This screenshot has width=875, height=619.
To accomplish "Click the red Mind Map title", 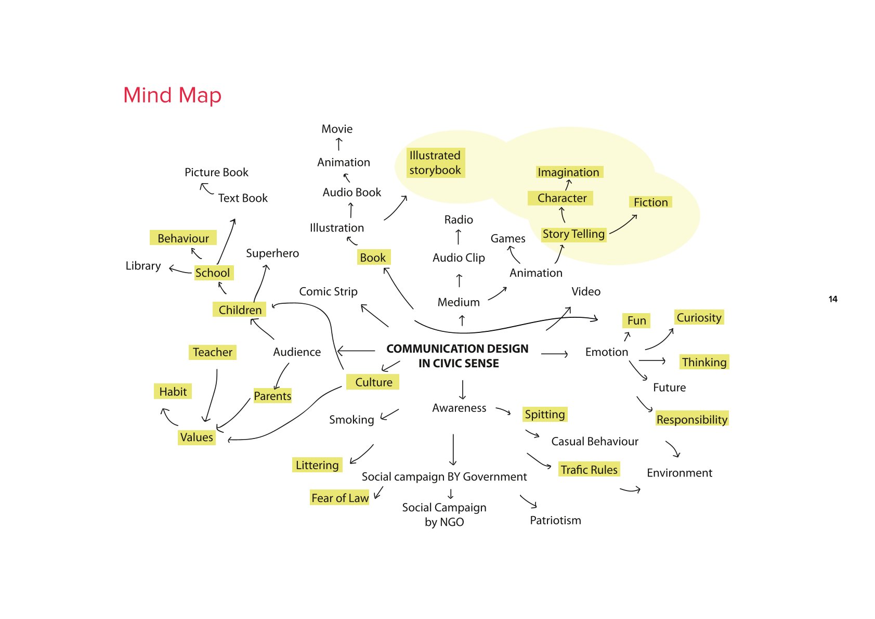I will [172, 95].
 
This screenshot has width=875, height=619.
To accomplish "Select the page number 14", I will [832, 299].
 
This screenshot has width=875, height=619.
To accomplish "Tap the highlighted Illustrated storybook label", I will [435, 163].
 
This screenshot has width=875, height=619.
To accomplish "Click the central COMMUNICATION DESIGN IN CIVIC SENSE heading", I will [458, 356].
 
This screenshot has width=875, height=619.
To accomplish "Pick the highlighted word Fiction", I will [650, 202].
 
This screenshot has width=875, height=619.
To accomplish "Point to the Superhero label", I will [272, 253].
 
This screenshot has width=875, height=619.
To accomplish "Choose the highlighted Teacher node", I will [212, 352].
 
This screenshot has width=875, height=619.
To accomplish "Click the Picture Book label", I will [216, 172].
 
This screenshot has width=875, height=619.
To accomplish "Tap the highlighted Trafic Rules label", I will [589, 470].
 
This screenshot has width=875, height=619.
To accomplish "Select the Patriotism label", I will [555, 520].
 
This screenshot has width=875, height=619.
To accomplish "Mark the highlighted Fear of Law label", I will [340, 498].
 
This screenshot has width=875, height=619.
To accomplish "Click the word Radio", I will [459, 220].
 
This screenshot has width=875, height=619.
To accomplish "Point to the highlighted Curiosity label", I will [699, 317].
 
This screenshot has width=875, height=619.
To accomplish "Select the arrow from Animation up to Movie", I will [339, 144].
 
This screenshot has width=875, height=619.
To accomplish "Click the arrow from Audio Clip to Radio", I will [458, 237].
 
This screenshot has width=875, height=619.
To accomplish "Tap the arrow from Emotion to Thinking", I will [652, 360].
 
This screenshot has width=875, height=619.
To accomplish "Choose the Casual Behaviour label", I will [595, 442].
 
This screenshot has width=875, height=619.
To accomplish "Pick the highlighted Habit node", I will [173, 392].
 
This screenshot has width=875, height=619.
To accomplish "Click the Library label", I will [143, 266].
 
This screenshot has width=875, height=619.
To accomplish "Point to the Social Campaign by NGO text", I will [444, 514].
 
